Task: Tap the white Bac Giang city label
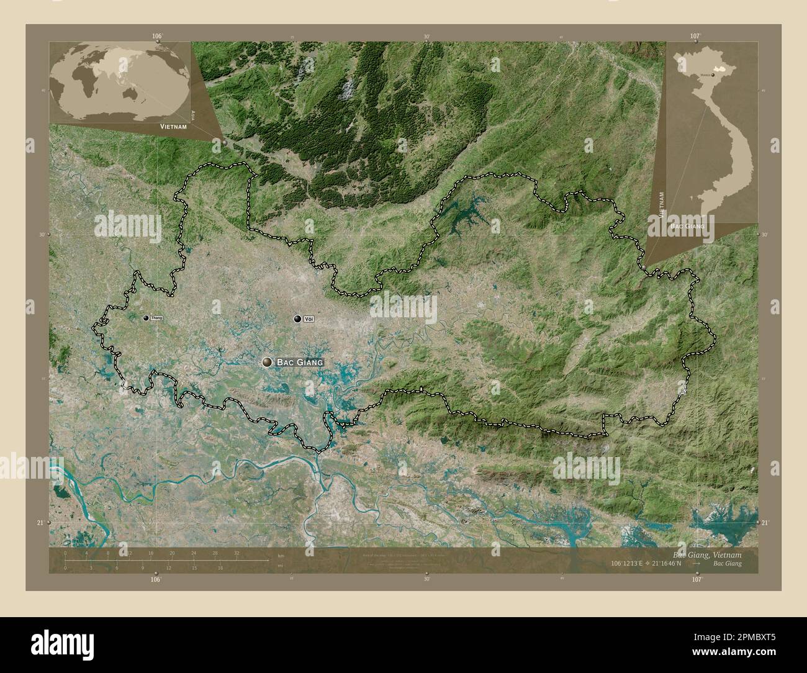(300, 362)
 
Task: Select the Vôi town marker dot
(299, 319)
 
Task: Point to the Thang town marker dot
(146, 318)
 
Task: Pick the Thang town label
(156, 318)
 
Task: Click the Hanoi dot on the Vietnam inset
(713, 75)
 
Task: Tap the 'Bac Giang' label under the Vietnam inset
(687, 227)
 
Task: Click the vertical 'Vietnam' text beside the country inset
(663, 204)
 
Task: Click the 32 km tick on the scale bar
(237, 553)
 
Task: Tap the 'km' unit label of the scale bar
(281, 554)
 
